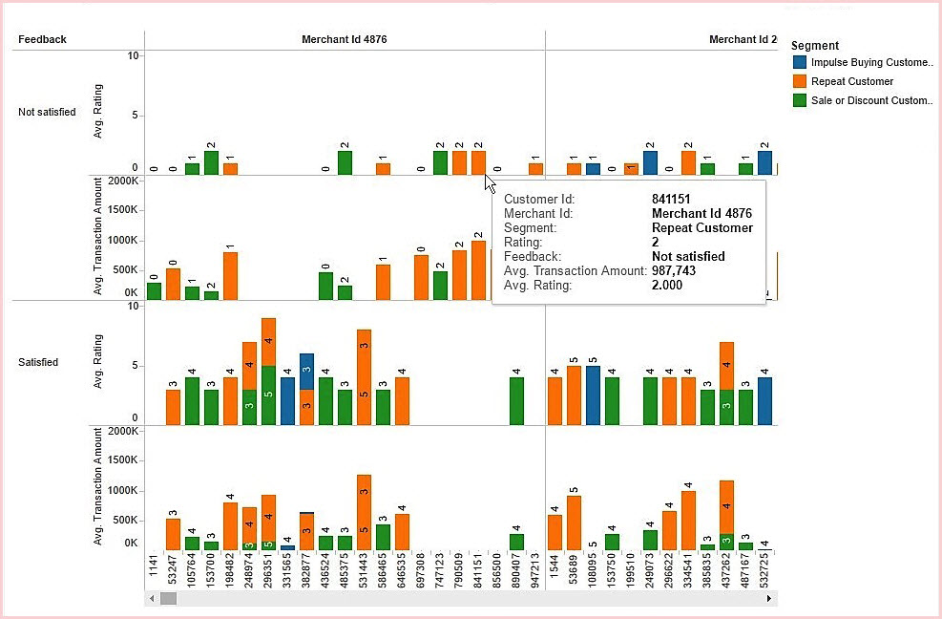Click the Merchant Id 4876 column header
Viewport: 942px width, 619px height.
344,39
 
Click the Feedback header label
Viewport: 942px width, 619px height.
42,39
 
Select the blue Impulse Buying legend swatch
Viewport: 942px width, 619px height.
800,63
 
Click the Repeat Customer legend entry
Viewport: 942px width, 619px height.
851,81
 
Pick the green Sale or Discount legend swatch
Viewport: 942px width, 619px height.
800,100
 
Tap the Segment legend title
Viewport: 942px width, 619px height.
815,45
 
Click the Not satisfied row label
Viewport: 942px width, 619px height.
47,112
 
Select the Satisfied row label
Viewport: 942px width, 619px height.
38,362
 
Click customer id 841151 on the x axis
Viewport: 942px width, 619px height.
478,571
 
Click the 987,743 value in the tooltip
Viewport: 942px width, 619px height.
673,270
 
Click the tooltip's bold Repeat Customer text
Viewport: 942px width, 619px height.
701,228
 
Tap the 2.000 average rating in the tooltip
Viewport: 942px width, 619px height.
667,285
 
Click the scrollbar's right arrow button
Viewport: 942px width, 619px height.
769,598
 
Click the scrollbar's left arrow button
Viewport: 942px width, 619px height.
151,598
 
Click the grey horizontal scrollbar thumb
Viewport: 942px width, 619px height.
168,598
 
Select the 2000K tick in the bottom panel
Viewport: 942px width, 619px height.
124,431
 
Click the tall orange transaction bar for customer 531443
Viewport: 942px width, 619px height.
364,512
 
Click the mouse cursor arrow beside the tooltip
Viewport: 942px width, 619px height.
489,181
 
